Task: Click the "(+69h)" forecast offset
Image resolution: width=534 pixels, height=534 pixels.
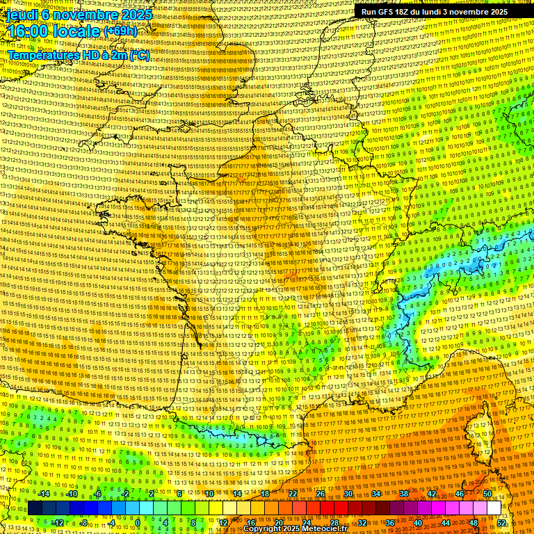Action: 122,32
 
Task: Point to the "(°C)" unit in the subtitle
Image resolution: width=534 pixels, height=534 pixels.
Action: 138,54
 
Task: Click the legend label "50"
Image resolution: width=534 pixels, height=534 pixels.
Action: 487,494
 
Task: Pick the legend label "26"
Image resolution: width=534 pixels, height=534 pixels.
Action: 321,494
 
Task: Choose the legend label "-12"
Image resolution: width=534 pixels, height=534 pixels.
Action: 58,522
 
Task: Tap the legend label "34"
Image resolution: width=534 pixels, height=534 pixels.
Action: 376,494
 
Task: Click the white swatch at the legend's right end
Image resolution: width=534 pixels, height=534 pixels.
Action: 494,508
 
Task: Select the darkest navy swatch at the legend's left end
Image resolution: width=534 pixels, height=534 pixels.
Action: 35,508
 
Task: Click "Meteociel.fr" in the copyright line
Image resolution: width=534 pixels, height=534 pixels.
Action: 327,529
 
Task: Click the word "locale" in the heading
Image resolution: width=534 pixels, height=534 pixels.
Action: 76,32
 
